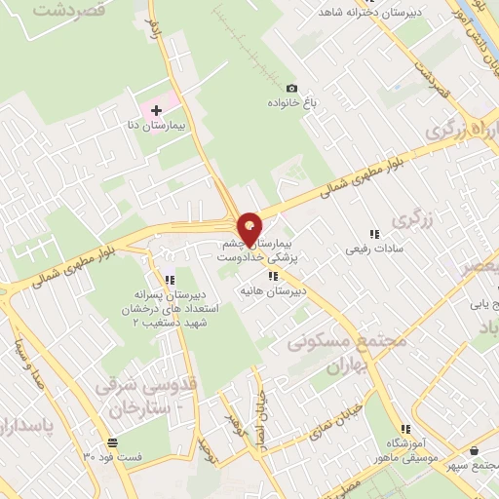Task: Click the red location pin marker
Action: pos(250,229)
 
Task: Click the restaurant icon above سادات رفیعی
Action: pos(374,234)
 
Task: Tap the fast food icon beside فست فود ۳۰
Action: pos(89,455)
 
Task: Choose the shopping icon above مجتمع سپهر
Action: pos(474,451)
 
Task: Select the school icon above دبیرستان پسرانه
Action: pos(172,279)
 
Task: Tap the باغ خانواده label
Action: pos(290,102)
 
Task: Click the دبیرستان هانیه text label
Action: pos(275,291)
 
